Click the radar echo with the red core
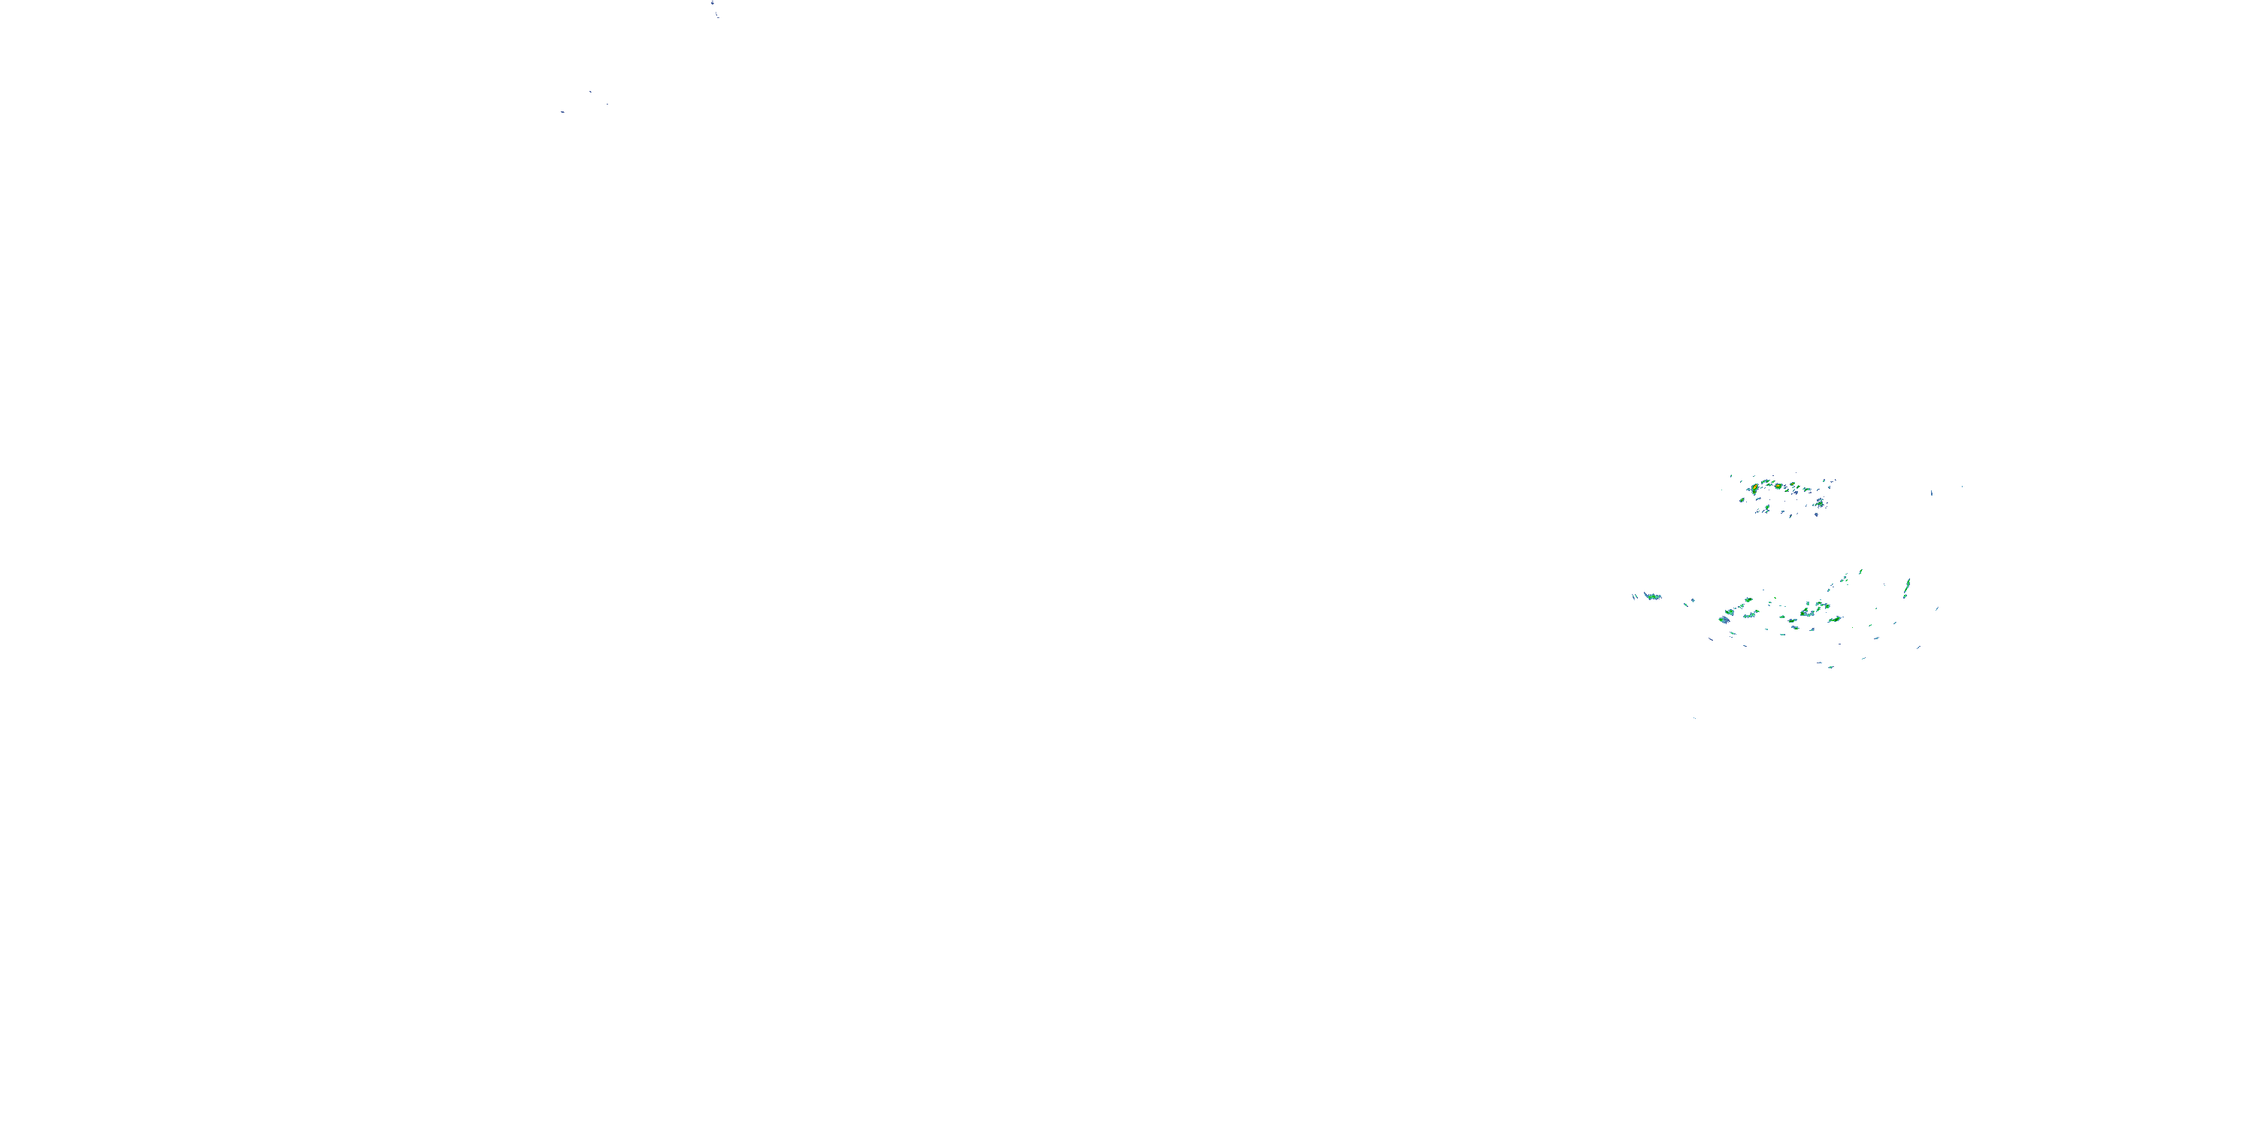1755,487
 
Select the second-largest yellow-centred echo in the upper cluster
1778,486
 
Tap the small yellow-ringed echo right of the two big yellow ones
1793,484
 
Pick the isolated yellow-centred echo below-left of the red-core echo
1742,500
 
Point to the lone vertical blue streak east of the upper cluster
1932,493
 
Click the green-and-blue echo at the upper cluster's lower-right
1820,504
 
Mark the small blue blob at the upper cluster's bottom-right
1817,515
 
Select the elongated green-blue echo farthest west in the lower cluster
1653,596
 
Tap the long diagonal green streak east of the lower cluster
1908,586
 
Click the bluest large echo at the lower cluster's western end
1724,620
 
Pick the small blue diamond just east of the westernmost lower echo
1693,601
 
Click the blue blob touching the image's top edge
713,2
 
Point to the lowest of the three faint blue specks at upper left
562,112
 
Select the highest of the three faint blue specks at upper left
590,91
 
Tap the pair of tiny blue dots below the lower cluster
1695,718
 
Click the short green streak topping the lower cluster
1860,572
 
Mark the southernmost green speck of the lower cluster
1830,667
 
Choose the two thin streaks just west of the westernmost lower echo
1635,597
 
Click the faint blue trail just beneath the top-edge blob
717,15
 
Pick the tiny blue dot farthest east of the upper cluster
1963,487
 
